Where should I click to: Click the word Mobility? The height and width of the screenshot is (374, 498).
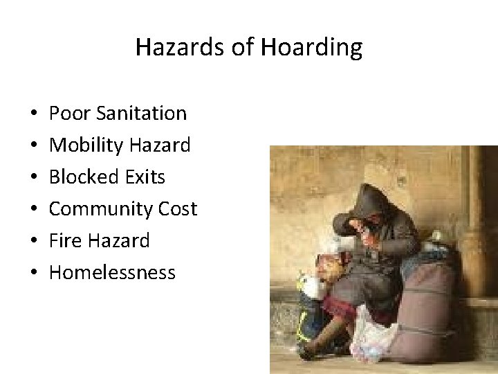tap(83, 145)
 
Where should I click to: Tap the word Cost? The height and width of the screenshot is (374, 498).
tap(178, 208)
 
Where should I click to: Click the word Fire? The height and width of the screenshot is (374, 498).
tap(64, 240)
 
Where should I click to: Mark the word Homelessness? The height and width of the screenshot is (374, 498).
tap(112, 272)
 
